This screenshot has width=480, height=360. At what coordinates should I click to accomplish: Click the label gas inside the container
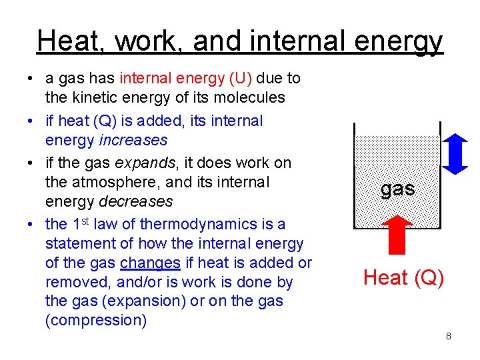click(398, 189)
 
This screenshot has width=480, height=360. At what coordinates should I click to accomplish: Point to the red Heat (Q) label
click(403, 277)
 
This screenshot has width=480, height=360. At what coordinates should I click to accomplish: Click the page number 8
click(449, 336)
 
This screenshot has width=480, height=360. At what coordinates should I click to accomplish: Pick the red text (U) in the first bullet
click(240, 78)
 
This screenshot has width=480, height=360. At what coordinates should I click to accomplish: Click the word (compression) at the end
click(96, 320)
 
